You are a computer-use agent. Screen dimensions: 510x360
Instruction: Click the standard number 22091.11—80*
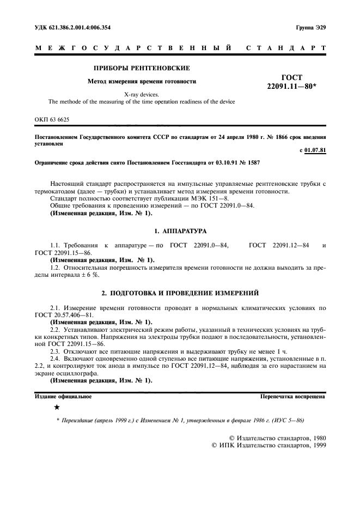(x=292, y=87)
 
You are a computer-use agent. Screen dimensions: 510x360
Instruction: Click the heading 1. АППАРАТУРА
(x=180, y=231)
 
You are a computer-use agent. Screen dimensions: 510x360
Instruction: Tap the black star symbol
(x=57, y=407)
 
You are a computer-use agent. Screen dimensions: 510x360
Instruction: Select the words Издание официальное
(x=63, y=397)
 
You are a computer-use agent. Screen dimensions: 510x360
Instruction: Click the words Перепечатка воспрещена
(x=293, y=397)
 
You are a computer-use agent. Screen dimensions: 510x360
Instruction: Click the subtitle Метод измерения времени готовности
(x=142, y=82)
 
